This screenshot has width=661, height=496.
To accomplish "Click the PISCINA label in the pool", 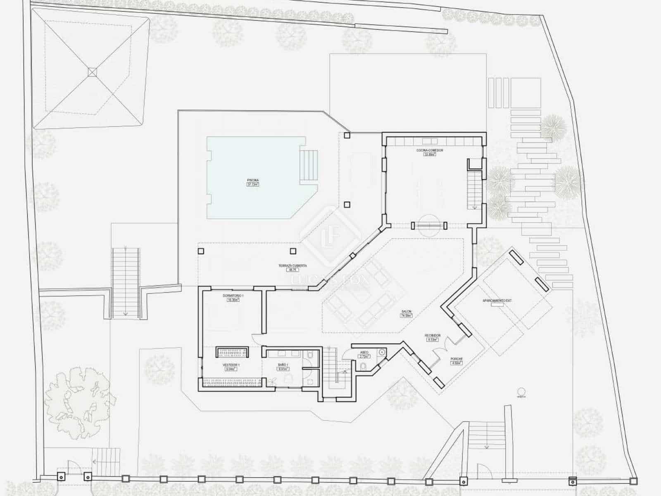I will point(253,180).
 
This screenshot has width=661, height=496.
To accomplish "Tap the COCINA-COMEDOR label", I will point(429,150).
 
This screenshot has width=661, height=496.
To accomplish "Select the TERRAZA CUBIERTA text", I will point(292,266).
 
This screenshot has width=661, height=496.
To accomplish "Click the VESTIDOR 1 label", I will point(231,365).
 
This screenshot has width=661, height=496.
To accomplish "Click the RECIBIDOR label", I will point(433,335).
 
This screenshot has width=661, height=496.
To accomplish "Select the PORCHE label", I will point(457,359).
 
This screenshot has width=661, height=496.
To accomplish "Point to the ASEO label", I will point(364,352).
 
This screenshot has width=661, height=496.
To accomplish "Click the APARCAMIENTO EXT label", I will point(497,300).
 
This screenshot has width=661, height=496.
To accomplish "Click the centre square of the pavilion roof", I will point(92,72).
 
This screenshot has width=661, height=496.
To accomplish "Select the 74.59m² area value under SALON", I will point(406,316).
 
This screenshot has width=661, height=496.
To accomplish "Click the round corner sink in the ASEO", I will point(383,352).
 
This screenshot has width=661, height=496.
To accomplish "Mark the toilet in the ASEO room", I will point(362,367).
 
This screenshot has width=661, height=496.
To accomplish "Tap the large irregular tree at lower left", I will point(78,397).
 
